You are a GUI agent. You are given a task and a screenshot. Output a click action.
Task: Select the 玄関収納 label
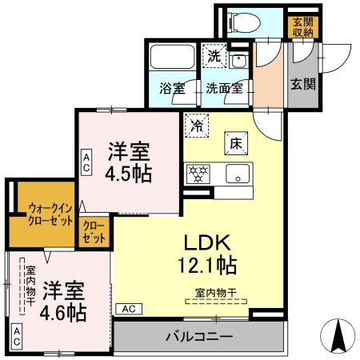(302, 26)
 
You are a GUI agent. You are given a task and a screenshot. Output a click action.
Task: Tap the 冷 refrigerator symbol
(196, 126)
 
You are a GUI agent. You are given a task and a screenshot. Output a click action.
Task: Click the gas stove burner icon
(197, 173)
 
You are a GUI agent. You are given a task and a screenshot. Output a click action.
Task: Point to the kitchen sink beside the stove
(238, 173)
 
